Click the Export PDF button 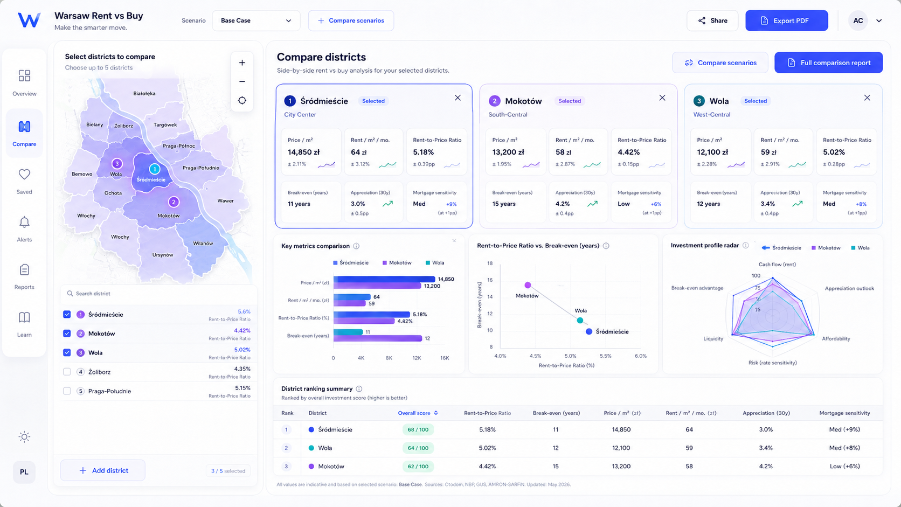[x=786, y=20]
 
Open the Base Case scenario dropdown [x=256, y=20]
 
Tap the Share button [x=712, y=20]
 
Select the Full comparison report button [x=829, y=62]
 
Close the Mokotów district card [x=662, y=98]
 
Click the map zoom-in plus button [x=242, y=62]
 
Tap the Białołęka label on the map [x=144, y=93]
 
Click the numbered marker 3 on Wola [x=117, y=164]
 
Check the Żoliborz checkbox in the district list [x=67, y=372]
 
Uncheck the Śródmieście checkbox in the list [x=67, y=315]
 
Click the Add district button [x=102, y=470]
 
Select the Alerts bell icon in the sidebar [x=24, y=223]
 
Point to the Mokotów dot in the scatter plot [x=528, y=285]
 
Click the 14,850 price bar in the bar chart [x=384, y=279]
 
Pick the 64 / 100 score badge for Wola [x=418, y=448]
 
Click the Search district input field [x=158, y=294]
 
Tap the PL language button [x=24, y=472]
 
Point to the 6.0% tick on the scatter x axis [x=641, y=356]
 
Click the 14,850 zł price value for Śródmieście [x=304, y=152]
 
